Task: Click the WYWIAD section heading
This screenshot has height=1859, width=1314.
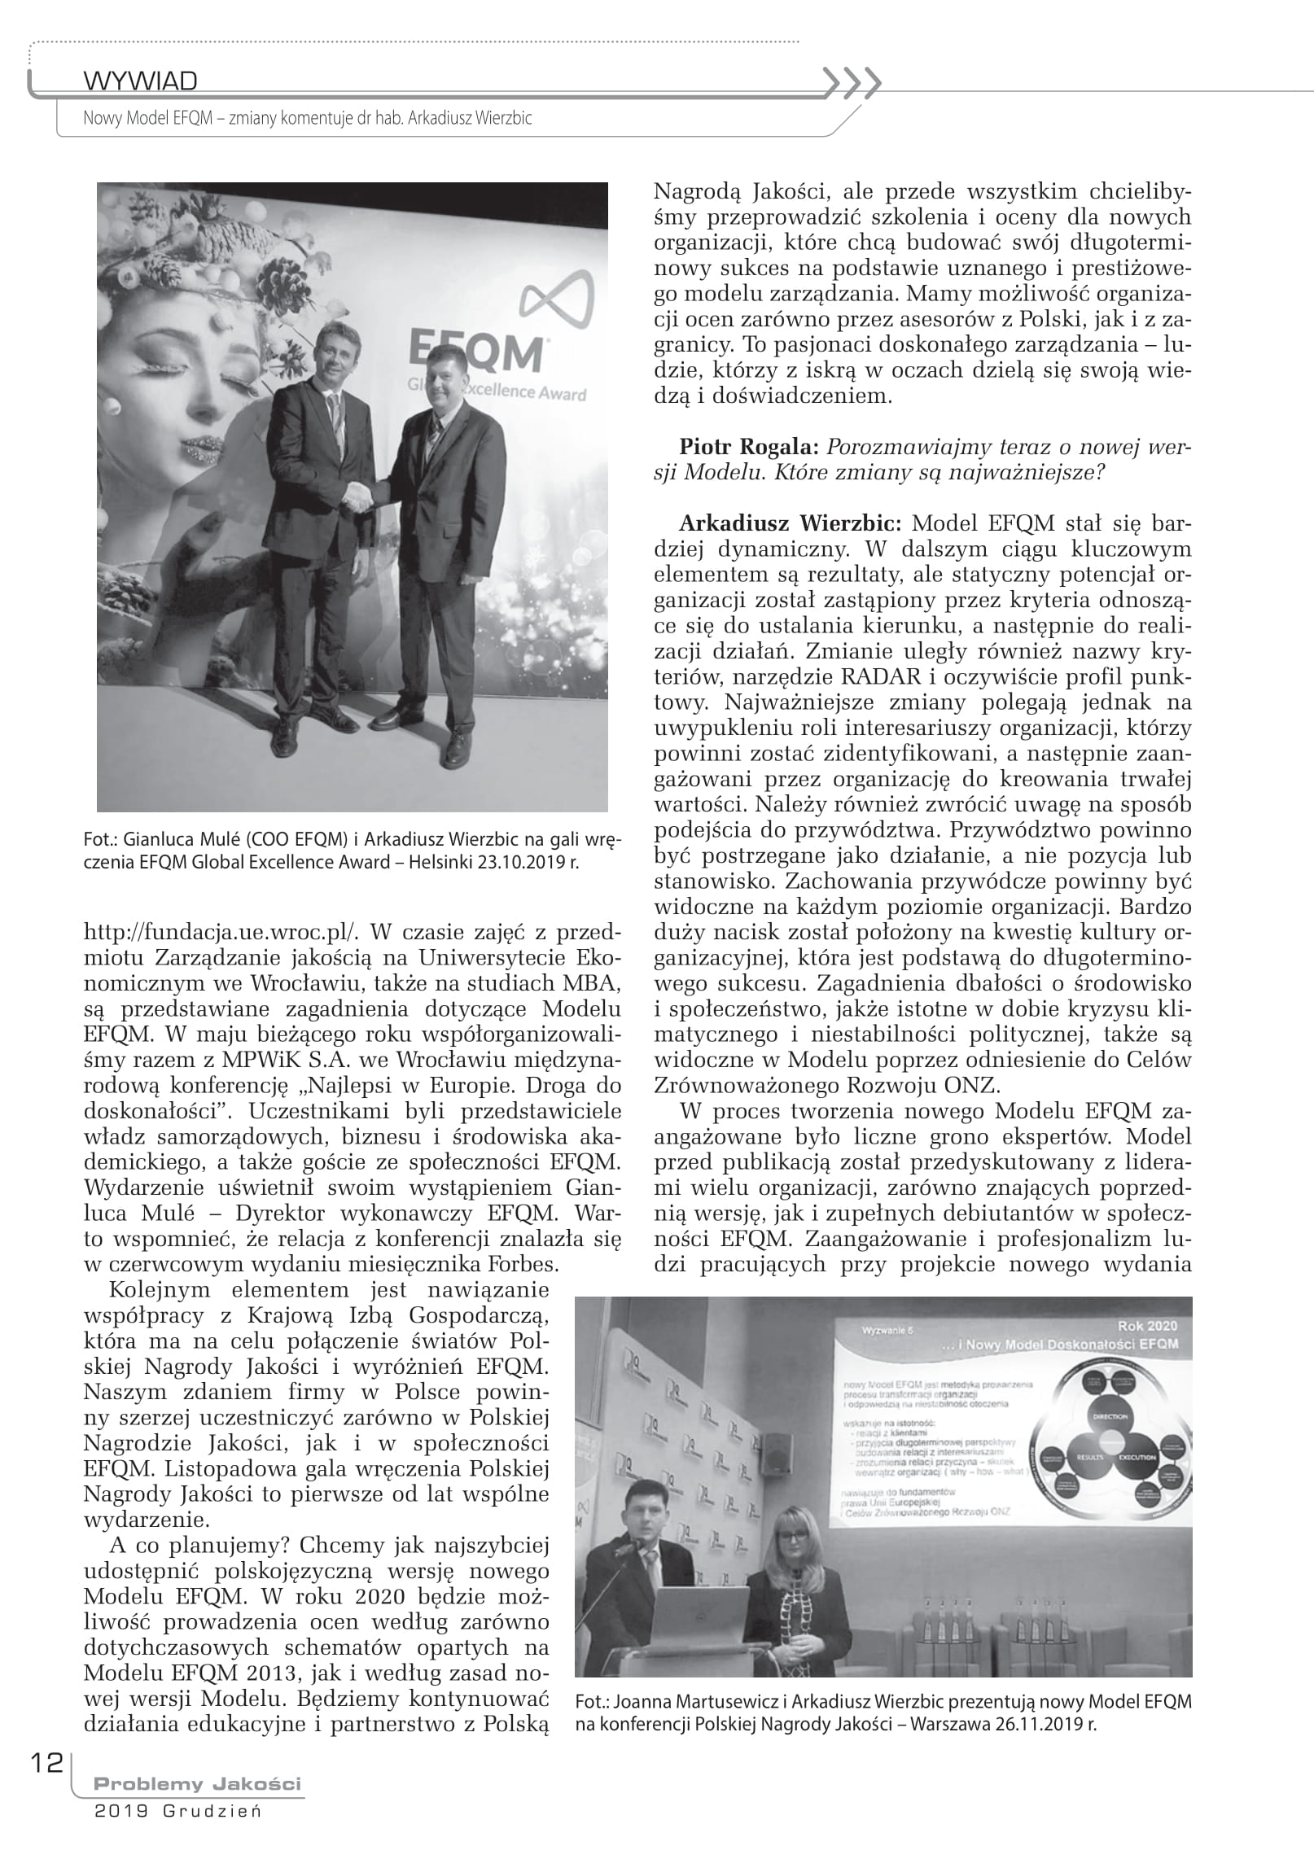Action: coord(140,81)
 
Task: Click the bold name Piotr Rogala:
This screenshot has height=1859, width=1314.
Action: coord(750,447)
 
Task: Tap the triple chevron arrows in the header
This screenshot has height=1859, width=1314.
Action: coord(852,81)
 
